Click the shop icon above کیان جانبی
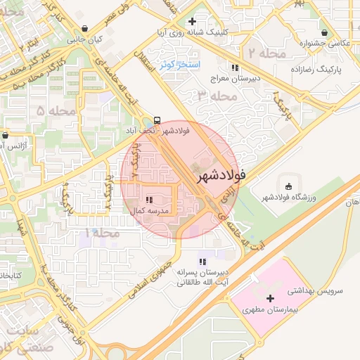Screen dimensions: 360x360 85,29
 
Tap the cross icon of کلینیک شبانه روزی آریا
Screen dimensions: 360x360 192,21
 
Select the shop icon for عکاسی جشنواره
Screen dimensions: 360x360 324,32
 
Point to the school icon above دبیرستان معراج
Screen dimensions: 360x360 235,67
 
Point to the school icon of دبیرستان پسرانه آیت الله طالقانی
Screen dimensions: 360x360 203,262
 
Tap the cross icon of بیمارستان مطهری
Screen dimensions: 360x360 270,299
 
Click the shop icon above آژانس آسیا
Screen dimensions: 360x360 6,135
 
